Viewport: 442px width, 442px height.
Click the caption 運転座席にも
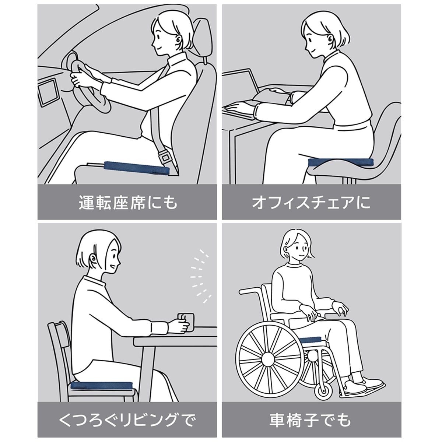click(128, 203)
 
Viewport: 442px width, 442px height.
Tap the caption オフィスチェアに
click(311, 203)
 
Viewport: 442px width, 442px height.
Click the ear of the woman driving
click(179, 41)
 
